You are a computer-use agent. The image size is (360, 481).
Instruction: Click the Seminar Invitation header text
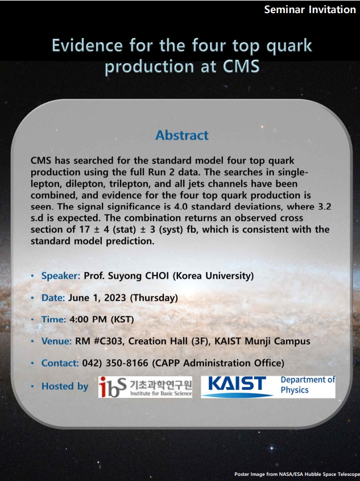coord(310,10)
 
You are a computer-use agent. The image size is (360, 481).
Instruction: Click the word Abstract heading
coord(181,135)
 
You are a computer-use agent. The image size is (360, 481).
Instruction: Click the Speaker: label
coord(61,276)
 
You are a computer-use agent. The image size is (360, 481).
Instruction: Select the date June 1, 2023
coord(97,298)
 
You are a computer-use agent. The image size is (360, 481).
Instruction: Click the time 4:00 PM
coord(88,319)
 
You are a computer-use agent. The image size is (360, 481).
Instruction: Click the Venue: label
coord(56,341)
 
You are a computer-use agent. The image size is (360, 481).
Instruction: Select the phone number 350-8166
coord(127,363)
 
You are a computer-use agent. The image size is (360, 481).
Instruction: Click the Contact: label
coord(60,363)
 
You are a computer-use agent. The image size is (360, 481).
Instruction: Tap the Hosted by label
coord(65,386)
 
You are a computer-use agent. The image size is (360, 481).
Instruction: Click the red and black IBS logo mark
coord(112,387)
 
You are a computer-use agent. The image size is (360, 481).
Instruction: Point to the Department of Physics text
coord(308,385)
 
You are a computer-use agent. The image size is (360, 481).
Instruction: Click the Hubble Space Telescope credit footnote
coord(296,474)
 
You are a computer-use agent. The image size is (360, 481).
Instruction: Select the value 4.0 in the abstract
coord(180,207)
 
